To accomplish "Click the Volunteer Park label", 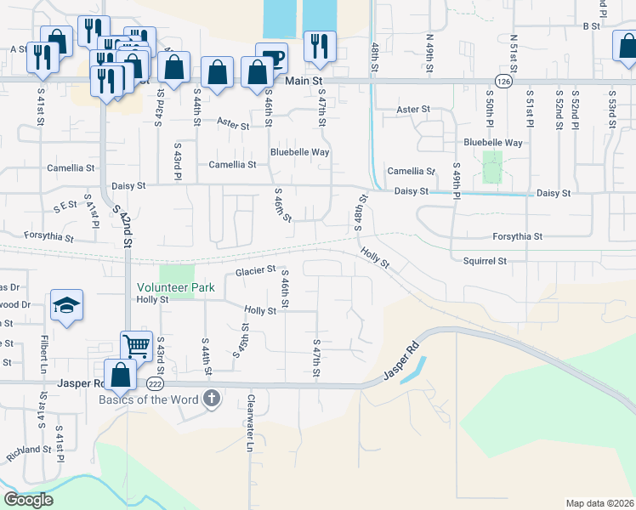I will click(175, 288).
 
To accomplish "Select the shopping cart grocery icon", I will click(136, 346).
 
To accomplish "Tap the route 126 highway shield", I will click(503, 81).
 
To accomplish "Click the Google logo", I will click(28, 500).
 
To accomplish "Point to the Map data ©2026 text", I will click(599, 503).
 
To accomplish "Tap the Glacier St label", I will click(255, 270).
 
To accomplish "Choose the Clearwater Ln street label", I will click(250, 423).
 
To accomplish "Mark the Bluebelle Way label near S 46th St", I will click(299, 152).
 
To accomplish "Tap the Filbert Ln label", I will click(43, 354).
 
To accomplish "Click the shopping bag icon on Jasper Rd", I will click(120, 374).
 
